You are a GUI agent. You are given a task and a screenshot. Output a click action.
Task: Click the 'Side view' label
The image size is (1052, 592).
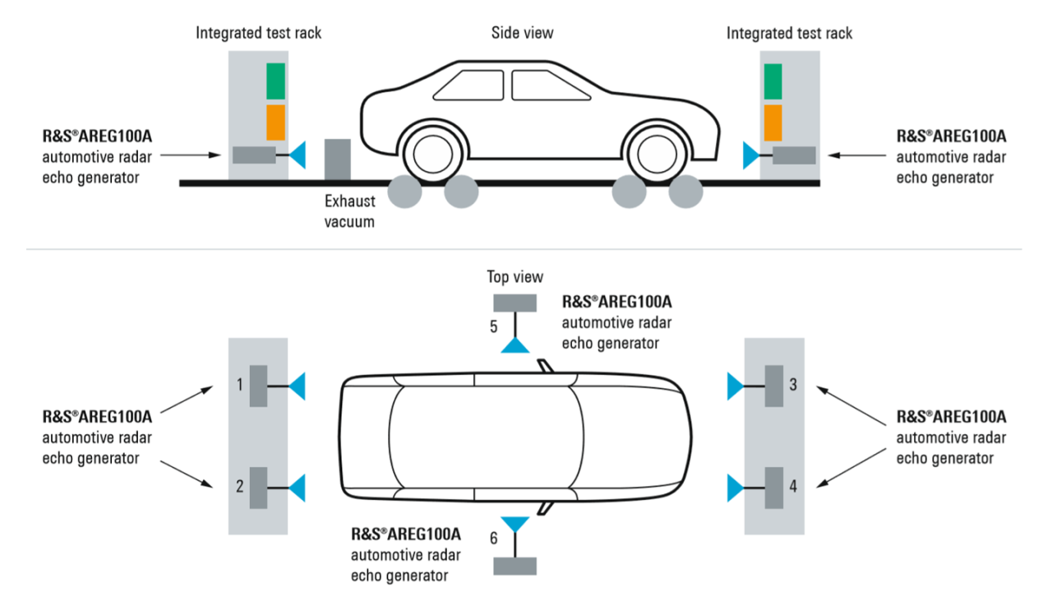point(522,33)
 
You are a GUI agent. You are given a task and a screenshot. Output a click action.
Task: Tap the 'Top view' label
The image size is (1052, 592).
point(514,277)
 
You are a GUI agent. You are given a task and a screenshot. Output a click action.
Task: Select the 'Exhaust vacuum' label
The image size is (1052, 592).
point(349,210)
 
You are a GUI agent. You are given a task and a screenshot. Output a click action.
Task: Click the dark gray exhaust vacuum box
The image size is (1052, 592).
point(337,159)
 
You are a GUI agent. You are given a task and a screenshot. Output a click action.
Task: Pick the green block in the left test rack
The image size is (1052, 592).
point(275,81)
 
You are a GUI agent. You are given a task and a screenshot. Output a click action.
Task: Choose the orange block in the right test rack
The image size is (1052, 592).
point(773,122)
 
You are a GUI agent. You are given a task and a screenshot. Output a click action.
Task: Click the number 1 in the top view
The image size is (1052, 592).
point(239,384)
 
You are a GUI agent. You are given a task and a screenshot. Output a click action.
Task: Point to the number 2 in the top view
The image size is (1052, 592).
point(239,486)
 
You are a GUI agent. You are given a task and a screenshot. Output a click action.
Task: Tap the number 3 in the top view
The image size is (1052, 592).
point(792,384)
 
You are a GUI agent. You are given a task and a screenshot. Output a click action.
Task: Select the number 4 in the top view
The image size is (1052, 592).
point(792,486)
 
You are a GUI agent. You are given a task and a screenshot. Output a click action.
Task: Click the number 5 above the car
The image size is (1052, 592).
point(493,326)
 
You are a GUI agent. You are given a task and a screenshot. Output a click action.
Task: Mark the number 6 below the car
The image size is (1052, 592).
point(493,539)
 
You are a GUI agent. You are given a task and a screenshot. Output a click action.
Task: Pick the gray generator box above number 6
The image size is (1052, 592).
point(514,566)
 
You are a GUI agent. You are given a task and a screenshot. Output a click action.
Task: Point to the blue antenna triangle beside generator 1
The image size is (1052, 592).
point(298,386)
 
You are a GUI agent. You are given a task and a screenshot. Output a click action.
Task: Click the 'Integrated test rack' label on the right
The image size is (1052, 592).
point(789,34)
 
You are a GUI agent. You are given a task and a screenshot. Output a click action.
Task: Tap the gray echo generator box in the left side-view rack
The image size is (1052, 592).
point(254,154)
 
